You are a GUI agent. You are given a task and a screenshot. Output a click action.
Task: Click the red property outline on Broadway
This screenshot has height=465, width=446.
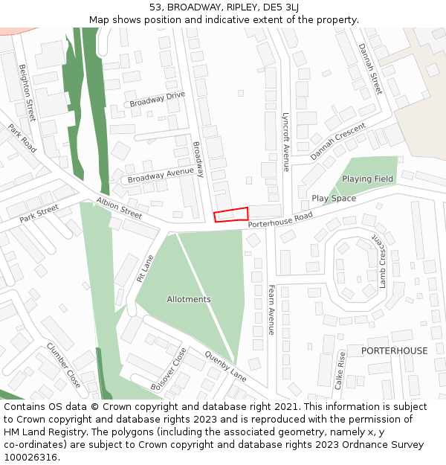(231, 214)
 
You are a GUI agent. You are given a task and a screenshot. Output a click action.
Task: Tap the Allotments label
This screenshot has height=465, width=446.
(189, 299)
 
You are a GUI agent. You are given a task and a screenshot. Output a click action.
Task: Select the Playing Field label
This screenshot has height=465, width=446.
(367, 179)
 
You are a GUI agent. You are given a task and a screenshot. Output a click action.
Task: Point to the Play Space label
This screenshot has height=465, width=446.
(334, 199)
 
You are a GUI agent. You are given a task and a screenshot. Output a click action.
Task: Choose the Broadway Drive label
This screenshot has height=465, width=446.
(157, 100)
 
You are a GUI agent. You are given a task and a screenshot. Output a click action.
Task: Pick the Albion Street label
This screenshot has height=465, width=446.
(119, 208)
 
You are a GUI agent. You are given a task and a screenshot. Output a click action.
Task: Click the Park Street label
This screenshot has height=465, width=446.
(39, 214)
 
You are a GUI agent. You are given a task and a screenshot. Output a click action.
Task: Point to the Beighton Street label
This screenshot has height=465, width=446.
(28, 93)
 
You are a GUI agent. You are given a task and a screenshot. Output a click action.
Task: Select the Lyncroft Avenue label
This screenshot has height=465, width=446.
(285, 142)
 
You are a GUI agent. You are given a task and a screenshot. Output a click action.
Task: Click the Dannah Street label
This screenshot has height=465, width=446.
(369, 68)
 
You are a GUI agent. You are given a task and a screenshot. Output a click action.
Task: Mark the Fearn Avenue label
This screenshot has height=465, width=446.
(271, 310)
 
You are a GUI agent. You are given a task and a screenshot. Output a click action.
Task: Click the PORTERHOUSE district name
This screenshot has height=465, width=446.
(395, 351)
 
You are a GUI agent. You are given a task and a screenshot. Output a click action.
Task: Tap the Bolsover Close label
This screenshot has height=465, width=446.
(169, 369)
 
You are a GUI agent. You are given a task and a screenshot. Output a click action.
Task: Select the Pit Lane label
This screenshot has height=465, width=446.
(145, 269)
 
